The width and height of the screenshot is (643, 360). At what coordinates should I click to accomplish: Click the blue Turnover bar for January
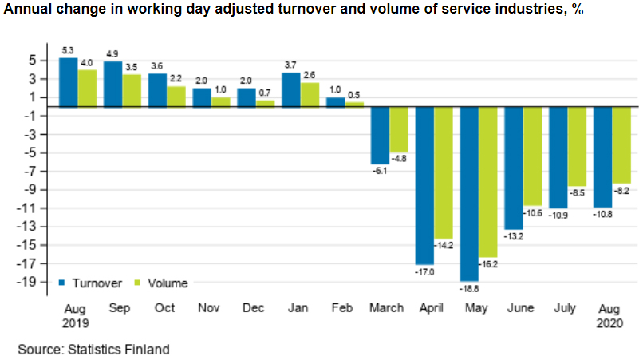click(x=291, y=89)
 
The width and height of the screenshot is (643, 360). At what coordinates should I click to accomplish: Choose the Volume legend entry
click(x=161, y=283)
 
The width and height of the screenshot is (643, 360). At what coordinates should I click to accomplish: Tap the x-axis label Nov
click(x=210, y=308)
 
